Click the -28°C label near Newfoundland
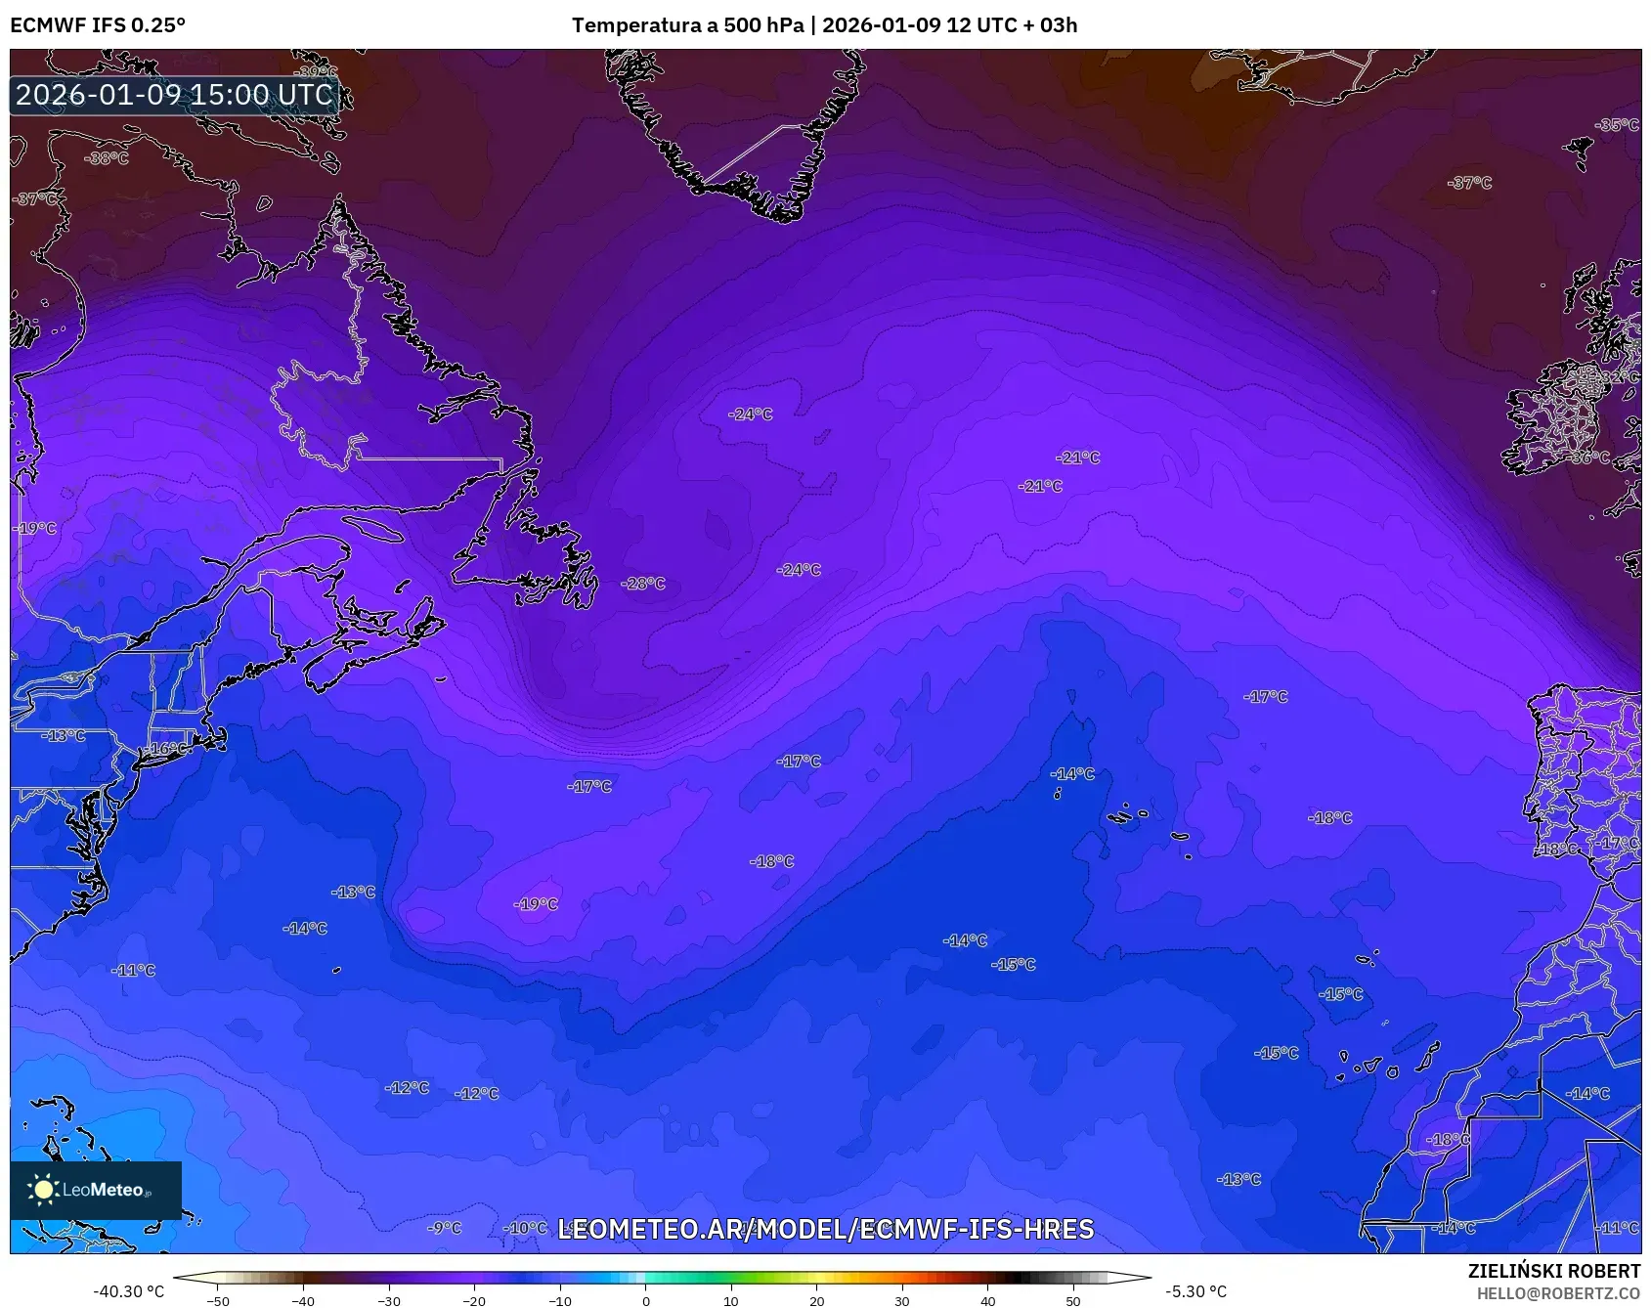[643, 584]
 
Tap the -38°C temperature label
[107, 158]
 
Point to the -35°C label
[1617, 125]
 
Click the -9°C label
[445, 1228]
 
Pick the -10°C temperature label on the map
[526, 1228]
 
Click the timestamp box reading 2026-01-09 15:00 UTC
[174, 95]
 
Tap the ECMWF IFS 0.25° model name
[98, 25]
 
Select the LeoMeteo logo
[95, 1190]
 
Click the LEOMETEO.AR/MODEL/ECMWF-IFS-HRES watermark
[825, 1229]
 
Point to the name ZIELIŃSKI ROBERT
[1553, 1271]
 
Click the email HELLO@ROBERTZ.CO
[1558, 1293]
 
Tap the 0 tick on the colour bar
[645, 1300]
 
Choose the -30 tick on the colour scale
[389, 1300]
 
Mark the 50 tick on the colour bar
[1073, 1300]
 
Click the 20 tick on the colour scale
[816, 1300]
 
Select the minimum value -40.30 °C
[128, 1291]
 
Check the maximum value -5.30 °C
[1195, 1291]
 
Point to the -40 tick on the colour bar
[303, 1300]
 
